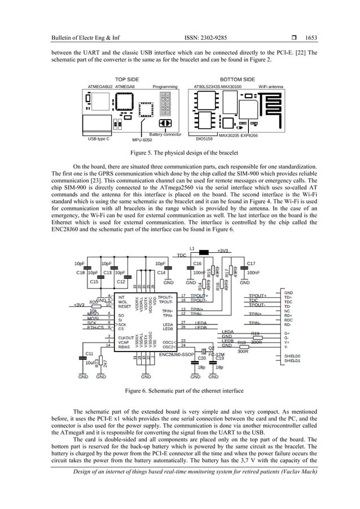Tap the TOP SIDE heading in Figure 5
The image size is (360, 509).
[127, 79]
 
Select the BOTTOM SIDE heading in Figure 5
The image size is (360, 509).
[238, 79]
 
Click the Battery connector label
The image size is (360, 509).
[165, 134]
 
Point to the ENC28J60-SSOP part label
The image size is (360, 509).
[177, 355]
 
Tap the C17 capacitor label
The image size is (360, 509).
[251, 264]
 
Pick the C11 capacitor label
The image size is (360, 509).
[89, 353]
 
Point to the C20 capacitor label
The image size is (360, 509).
[201, 358]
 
